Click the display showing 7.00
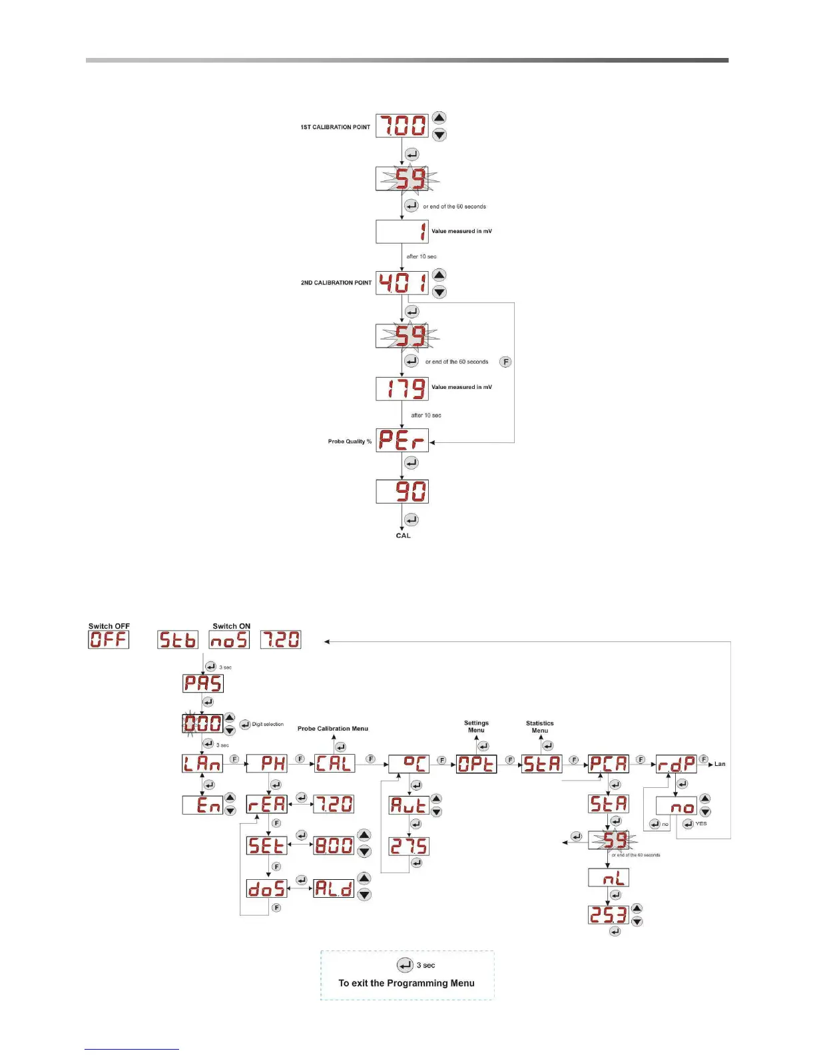click(x=402, y=126)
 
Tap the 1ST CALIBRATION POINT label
click(x=335, y=127)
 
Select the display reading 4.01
click(x=402, y=283)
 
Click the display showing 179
click(x=402, y=388)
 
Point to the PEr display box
click(x=402, y=440)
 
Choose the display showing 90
click(x=402, y=492)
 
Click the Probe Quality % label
click(x=350, y=441)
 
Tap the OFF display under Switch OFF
click(x=109, y=639)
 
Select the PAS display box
click(x=203, y=683)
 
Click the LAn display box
click(x=202, y=763)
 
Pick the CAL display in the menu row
click(x=334, y=763)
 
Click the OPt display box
click(x=476, y=763)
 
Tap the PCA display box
click(x=609, y=763)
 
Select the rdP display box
click(x=676, y=763)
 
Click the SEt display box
click(x=266, y=845)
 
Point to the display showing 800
click(x=334, y=845)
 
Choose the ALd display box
click(x=334, y=888)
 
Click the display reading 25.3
click(x=608, y=914)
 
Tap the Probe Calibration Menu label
click(x=332, y=729)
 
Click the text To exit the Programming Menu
click(x=406, y=983)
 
